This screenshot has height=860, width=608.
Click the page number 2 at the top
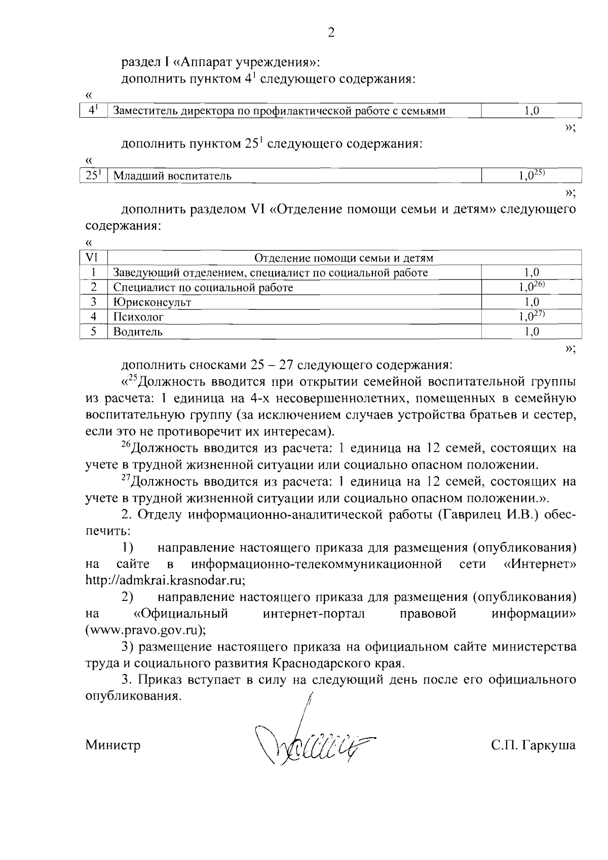click(x=331, y=33)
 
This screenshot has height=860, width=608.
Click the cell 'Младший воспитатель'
click(x=172, y=176)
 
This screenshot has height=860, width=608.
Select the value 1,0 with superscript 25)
click(x=531, y=175)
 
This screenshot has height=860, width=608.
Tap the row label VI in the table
click(x=93, y=258)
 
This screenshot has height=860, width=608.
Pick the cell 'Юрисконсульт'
click(x=152, y=302)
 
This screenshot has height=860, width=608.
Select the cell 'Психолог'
click(x=138, y=317)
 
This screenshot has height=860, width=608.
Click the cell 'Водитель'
click(x=138, y=332)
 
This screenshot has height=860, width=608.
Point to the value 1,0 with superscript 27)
click(x=531, y=316)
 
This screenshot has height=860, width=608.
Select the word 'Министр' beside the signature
click(x=113, y=745)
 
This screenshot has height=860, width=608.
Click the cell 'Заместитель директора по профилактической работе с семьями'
click(x=279, y=111)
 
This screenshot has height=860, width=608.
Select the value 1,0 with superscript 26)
click(x=531, y=287)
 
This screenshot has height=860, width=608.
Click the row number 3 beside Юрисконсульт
click(x=93, y=302)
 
